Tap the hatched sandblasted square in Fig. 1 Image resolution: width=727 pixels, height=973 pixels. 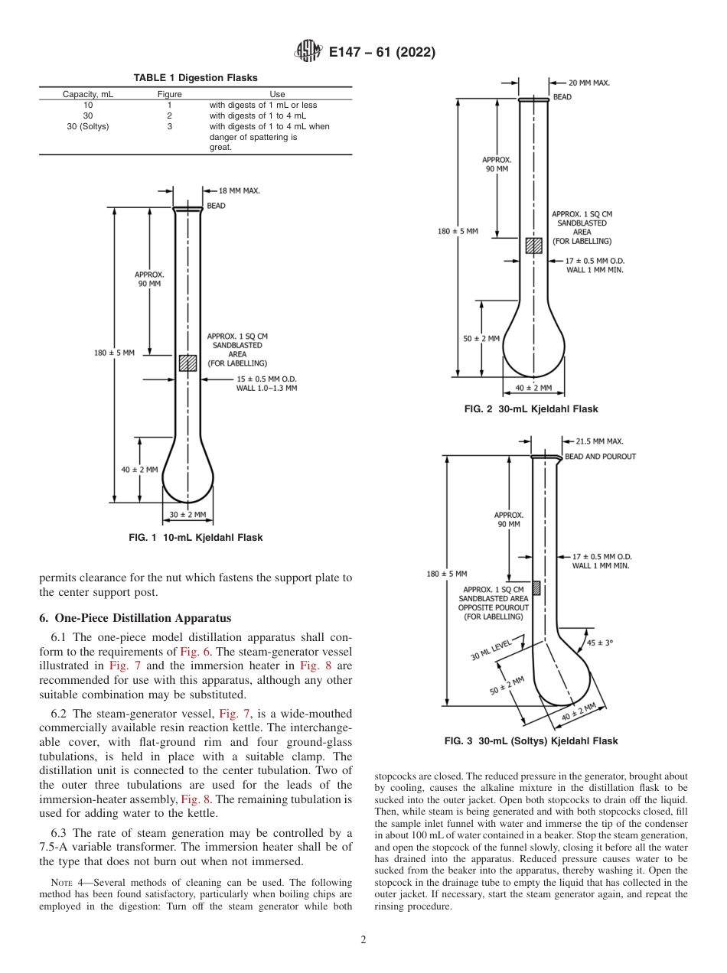(187, 363)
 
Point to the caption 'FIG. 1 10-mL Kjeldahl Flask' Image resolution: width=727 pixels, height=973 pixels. (196, 538)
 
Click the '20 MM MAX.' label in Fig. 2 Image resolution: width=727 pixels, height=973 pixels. (588, 83)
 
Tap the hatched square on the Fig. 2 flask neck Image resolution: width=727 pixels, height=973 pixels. (533, 246)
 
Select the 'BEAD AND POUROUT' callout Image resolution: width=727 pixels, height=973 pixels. (600, 457)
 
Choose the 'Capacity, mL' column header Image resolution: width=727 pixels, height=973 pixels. (88, 94)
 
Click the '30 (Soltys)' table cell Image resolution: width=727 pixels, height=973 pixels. (88, 127)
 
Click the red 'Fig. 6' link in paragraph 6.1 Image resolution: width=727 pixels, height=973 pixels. (191, 652)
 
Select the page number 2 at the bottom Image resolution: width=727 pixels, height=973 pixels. (363, 940)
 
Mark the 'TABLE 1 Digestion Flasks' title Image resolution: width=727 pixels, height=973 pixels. (196, 77)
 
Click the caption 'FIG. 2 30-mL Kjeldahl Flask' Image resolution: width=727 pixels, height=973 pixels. (531, 409)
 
